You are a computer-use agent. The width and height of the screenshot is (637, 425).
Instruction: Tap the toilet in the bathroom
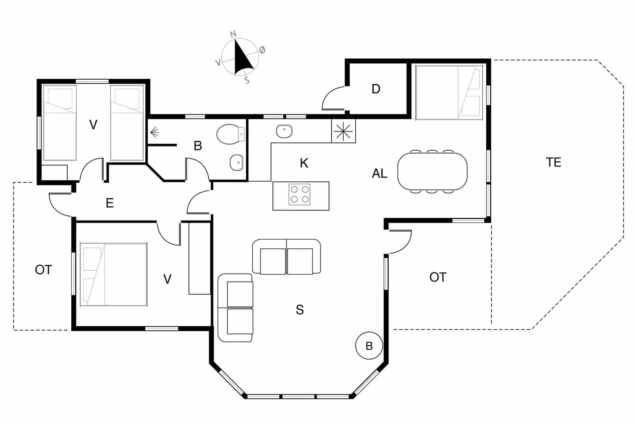[x=231, y=134]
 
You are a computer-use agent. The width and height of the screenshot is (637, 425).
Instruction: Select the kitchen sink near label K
[x=284, y=131]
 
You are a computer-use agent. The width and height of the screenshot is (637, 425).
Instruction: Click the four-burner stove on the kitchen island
[x=299, y=194]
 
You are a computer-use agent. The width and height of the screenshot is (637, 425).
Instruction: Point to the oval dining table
[x=432, y=171]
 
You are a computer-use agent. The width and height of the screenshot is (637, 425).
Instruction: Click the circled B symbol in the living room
[x=369, y=346]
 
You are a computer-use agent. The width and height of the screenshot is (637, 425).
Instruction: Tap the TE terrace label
[x=553, y=162]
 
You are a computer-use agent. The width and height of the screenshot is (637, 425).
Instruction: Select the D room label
[x=376, y=89]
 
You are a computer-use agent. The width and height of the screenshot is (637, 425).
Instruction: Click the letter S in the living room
[x=300, y=310]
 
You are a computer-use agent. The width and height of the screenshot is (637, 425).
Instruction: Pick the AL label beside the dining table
[x=380, y=173]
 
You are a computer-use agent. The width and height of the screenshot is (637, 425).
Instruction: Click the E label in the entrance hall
[x=109, y=203]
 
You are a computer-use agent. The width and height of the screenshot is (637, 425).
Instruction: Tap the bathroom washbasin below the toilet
[x=237, y=162]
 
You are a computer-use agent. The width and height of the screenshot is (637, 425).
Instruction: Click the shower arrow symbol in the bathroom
[x=155, y=133]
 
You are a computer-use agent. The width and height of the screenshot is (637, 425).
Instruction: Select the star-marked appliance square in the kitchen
[x=343, y=131]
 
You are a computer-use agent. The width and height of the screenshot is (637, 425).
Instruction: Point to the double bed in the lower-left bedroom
[x=113, y=274]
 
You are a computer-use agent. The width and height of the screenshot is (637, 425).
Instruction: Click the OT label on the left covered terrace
[x=43, y=270]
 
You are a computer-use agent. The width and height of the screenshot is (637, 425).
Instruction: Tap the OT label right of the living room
[x=438, y=277]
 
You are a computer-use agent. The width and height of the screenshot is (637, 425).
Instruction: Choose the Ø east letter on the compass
[x=262, y=50]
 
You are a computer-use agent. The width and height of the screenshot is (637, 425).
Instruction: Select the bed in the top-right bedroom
[x=449, y=92]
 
